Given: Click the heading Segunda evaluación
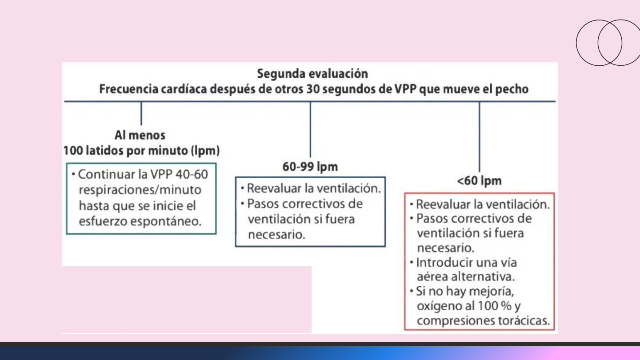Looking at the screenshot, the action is [x=312, y=73].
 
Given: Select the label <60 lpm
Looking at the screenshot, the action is [x=479, y=181].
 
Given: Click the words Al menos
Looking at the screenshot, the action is [x=140, y=135].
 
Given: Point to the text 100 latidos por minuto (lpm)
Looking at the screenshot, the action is [x=141, y=151].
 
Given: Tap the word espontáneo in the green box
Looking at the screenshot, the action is [x=170, y=221].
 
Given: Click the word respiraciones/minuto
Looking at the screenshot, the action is [x=140, y=190].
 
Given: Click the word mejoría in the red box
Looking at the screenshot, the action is [x=493, y=292].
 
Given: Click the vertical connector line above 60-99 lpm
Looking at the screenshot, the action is [x=310, y=129].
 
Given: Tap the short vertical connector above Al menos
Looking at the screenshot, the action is [x=141, y=113].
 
